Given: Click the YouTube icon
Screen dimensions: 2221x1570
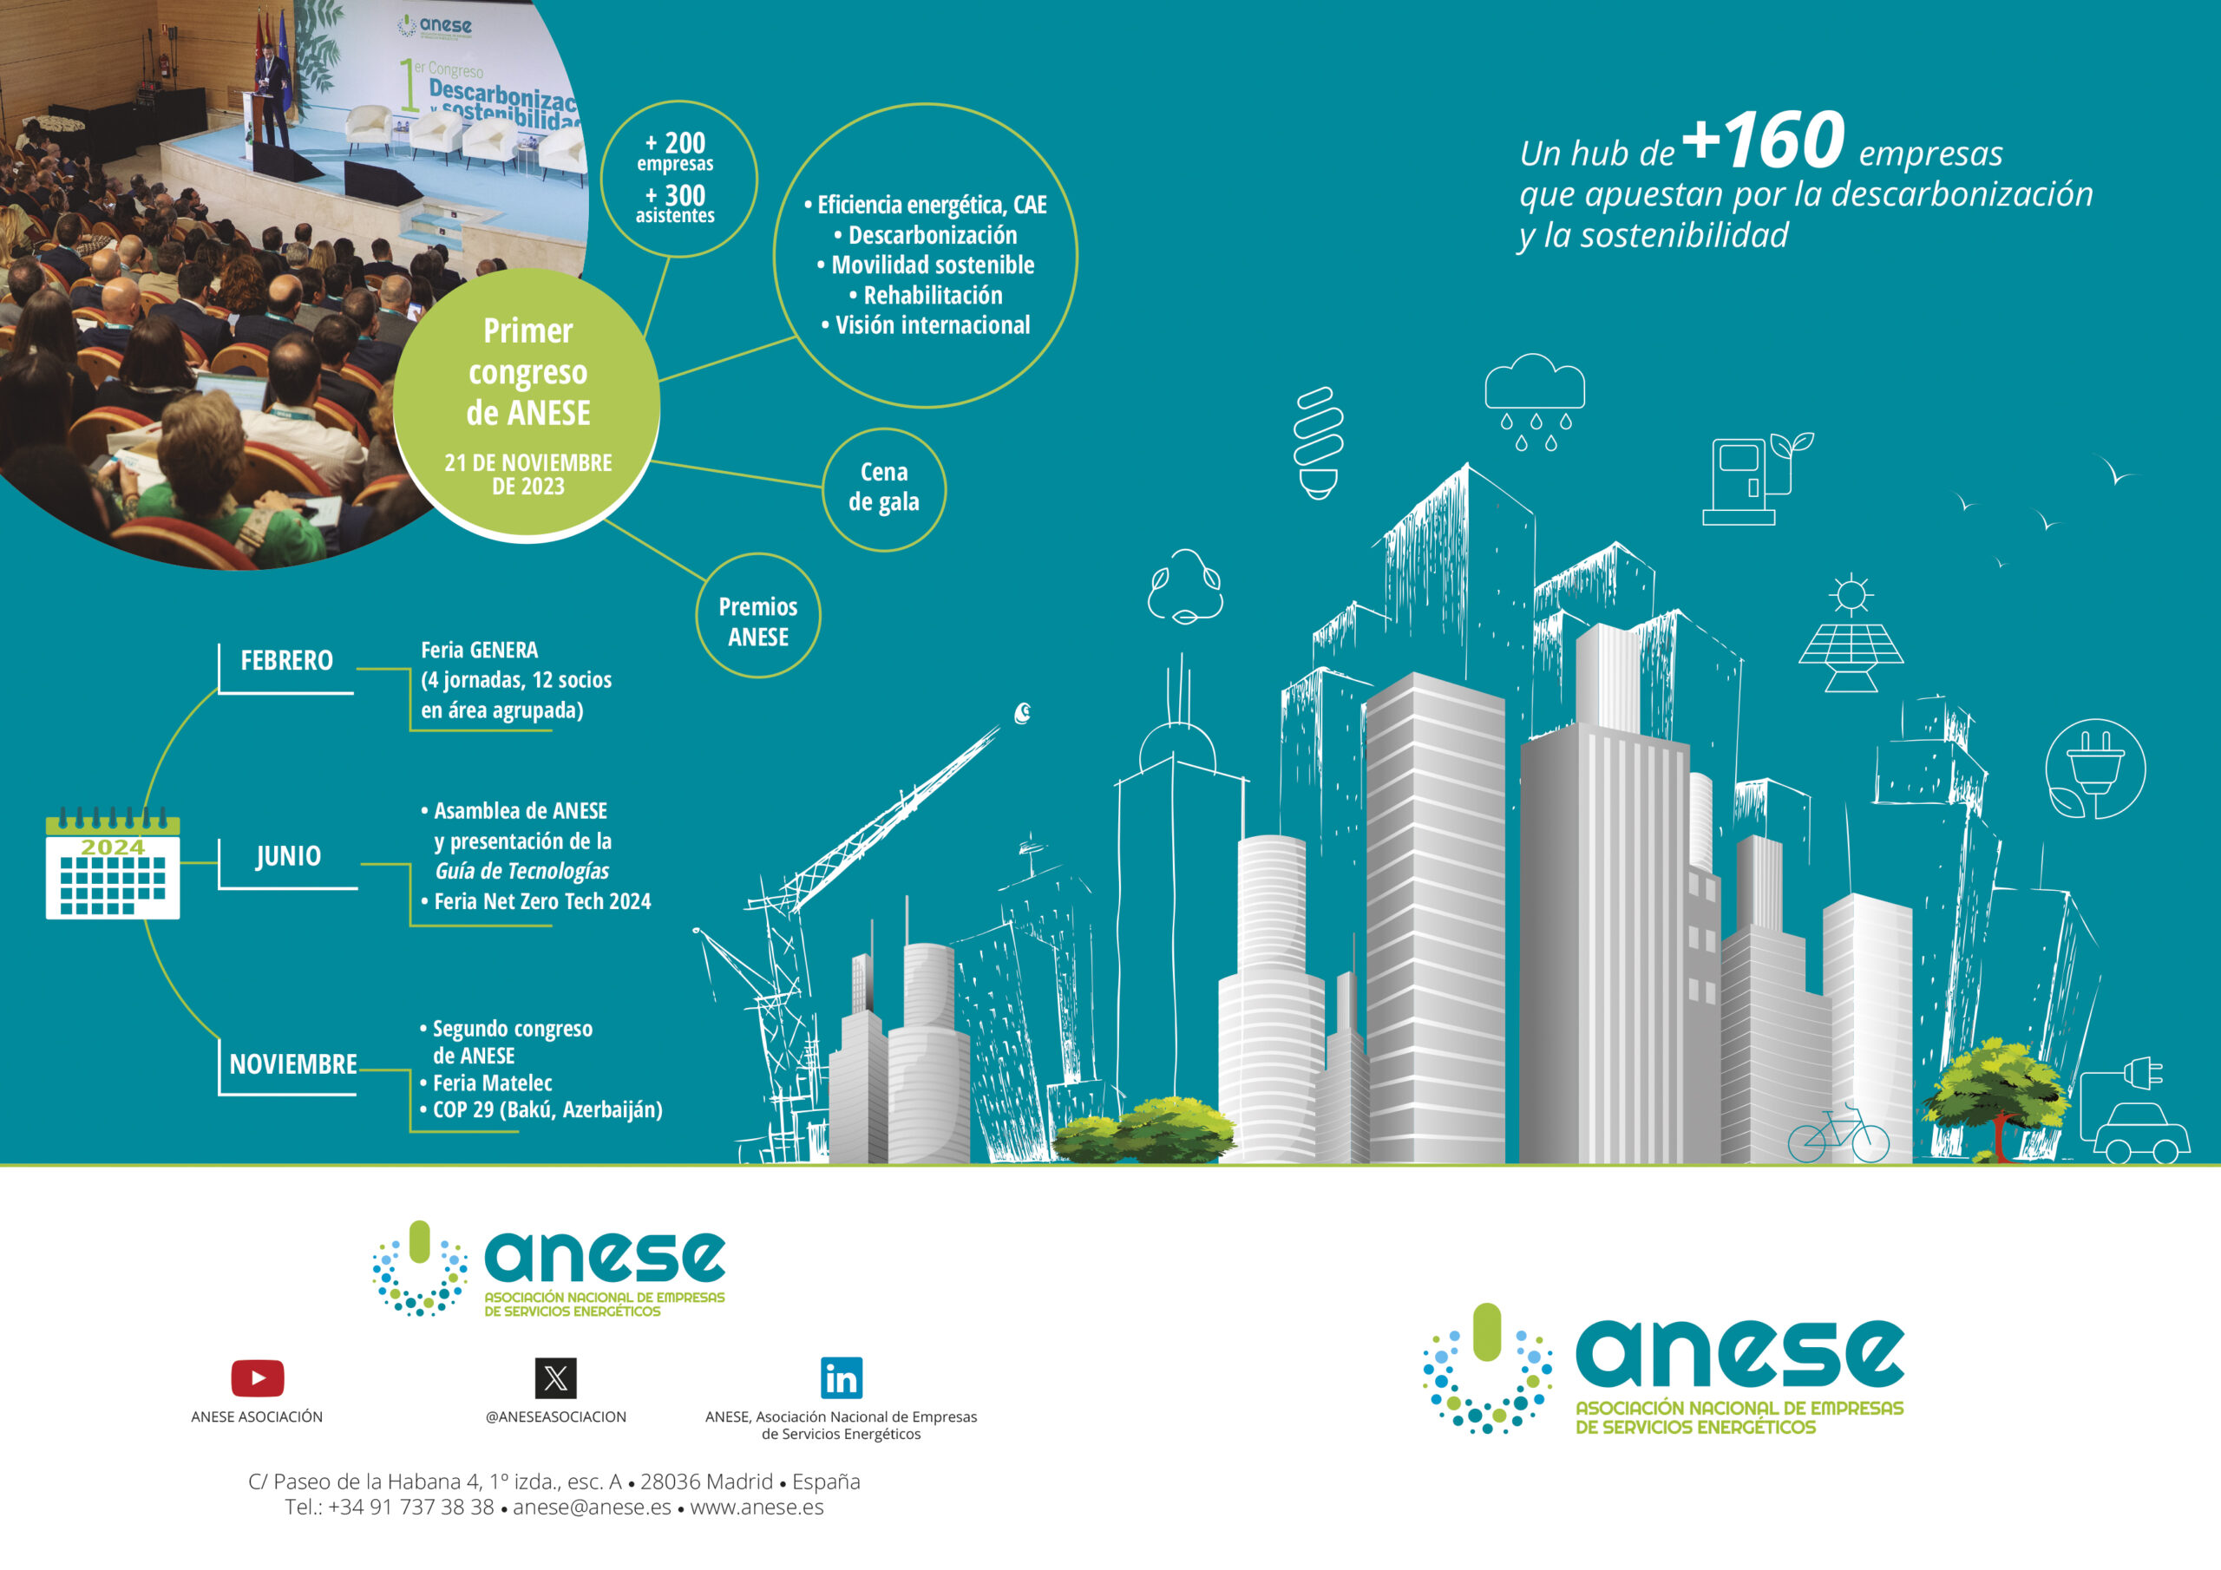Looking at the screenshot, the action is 258,1377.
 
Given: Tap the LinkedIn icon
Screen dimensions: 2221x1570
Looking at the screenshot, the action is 841,1377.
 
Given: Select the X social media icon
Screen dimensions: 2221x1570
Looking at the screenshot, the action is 555,1377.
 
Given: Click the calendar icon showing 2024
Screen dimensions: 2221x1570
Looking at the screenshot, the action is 112,863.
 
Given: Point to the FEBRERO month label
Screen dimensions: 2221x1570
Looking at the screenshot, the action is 286,661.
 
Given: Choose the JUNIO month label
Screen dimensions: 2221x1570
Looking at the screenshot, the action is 288,856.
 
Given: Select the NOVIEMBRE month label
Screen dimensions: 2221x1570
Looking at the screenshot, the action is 293,1064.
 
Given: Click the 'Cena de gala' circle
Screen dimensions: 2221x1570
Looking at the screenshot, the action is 884,489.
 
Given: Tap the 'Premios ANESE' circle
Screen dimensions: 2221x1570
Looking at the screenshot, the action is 758,615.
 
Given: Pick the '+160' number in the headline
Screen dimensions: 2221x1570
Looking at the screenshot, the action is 1764,141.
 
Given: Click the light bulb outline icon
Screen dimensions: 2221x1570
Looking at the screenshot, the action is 1320,442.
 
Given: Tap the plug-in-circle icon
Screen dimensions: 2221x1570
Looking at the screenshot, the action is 2095,769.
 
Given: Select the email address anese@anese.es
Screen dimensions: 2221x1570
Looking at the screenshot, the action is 592,1508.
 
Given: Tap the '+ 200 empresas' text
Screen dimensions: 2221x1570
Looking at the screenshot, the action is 675,152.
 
